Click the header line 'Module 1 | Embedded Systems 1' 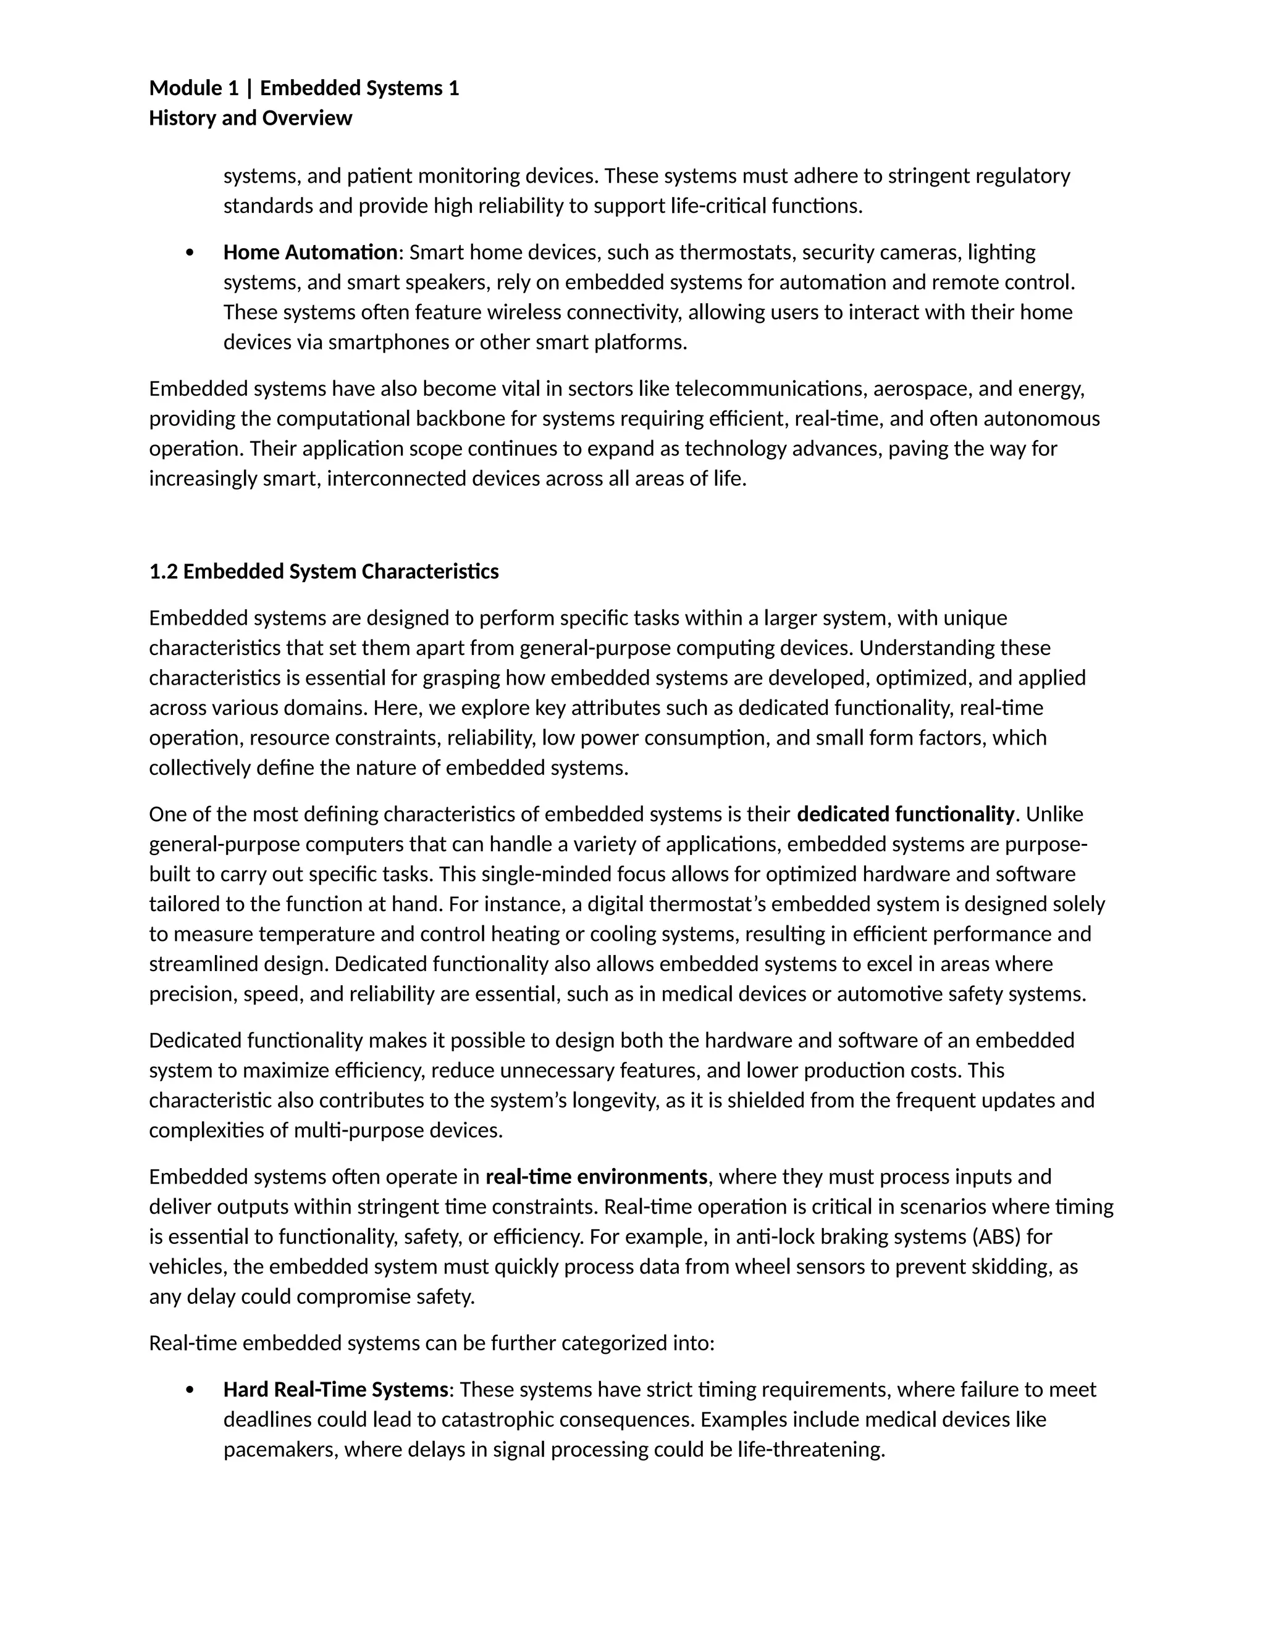tap(303, 88)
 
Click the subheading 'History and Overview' tap(250, 119)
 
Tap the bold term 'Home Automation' tap(310, 252)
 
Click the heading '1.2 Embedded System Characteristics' tap(324, 572)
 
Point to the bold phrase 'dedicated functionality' tap(906, 814)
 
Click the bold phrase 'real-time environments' tap(597, 1177)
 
